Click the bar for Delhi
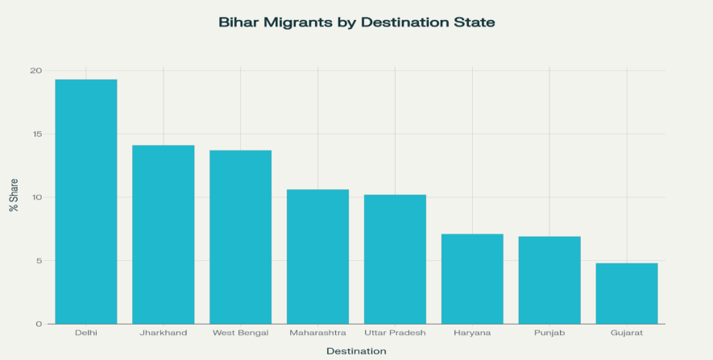tap(86, 201)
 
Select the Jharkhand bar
tap(164, 234)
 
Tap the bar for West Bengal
tap(240, 237)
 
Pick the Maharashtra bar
tap(317, 256)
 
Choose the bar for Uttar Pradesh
tap(395, 259)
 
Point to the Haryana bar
tap(472, 279)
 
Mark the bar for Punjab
tap(549, 279)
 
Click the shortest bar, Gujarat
tap(627, 293)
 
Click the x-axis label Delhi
tap(86, 332)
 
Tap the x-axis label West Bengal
tap(240, 332)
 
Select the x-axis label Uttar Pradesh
tap(395, 332)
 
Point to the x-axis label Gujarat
tap(627, 332)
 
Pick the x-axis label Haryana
tap(472, 332)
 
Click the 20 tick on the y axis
tap(36, 71)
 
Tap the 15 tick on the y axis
tap(36, 134)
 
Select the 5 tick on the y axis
tap(39, 261)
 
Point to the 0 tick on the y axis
tap(39, 324)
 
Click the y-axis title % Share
tap(14, 195)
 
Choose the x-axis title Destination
tap(356, 351)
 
